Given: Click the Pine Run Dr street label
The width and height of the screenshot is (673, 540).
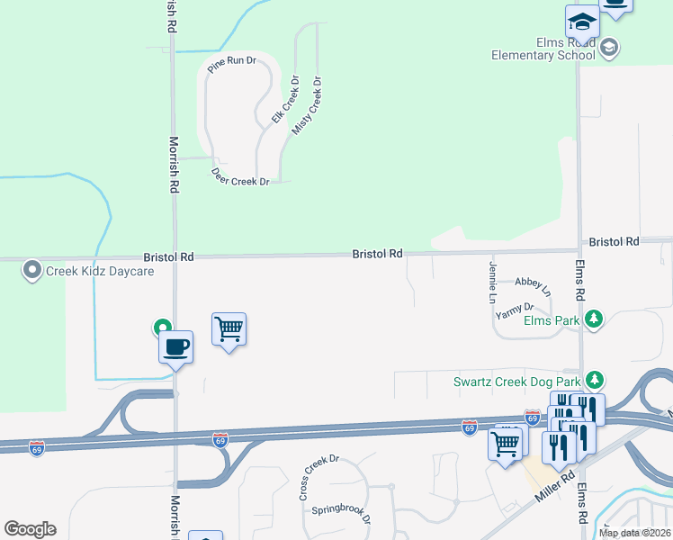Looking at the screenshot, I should (231, 64).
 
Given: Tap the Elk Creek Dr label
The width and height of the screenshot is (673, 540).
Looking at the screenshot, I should (284, 99).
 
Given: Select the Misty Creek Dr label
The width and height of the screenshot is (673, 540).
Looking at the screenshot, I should (307, 106).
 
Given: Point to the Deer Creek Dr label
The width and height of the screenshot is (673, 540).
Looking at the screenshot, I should (240, 176).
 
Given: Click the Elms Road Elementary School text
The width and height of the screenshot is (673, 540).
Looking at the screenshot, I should (543, 48).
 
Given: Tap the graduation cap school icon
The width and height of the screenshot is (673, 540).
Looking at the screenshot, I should (582, 22).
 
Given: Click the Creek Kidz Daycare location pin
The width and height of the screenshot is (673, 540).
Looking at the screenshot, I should (32, 269).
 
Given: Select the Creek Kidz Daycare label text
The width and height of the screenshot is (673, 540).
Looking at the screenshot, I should (100, 271).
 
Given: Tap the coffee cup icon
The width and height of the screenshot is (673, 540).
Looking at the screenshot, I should (175, 346).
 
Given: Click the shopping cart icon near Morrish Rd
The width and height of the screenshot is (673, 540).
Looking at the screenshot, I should (229, 329).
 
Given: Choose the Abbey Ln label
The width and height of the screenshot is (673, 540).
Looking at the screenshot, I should (532, 285).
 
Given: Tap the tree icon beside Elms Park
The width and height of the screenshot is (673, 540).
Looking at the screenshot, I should (593, 319).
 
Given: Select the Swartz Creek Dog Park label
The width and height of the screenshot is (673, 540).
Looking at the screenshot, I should (516, 381).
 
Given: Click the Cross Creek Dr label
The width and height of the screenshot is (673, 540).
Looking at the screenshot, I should (319, 477).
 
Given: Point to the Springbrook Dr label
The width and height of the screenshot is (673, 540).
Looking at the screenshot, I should (341, 514).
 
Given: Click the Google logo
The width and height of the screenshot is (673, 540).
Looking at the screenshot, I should (30, 529).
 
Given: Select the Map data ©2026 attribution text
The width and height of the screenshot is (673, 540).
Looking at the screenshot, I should (633, 533).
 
